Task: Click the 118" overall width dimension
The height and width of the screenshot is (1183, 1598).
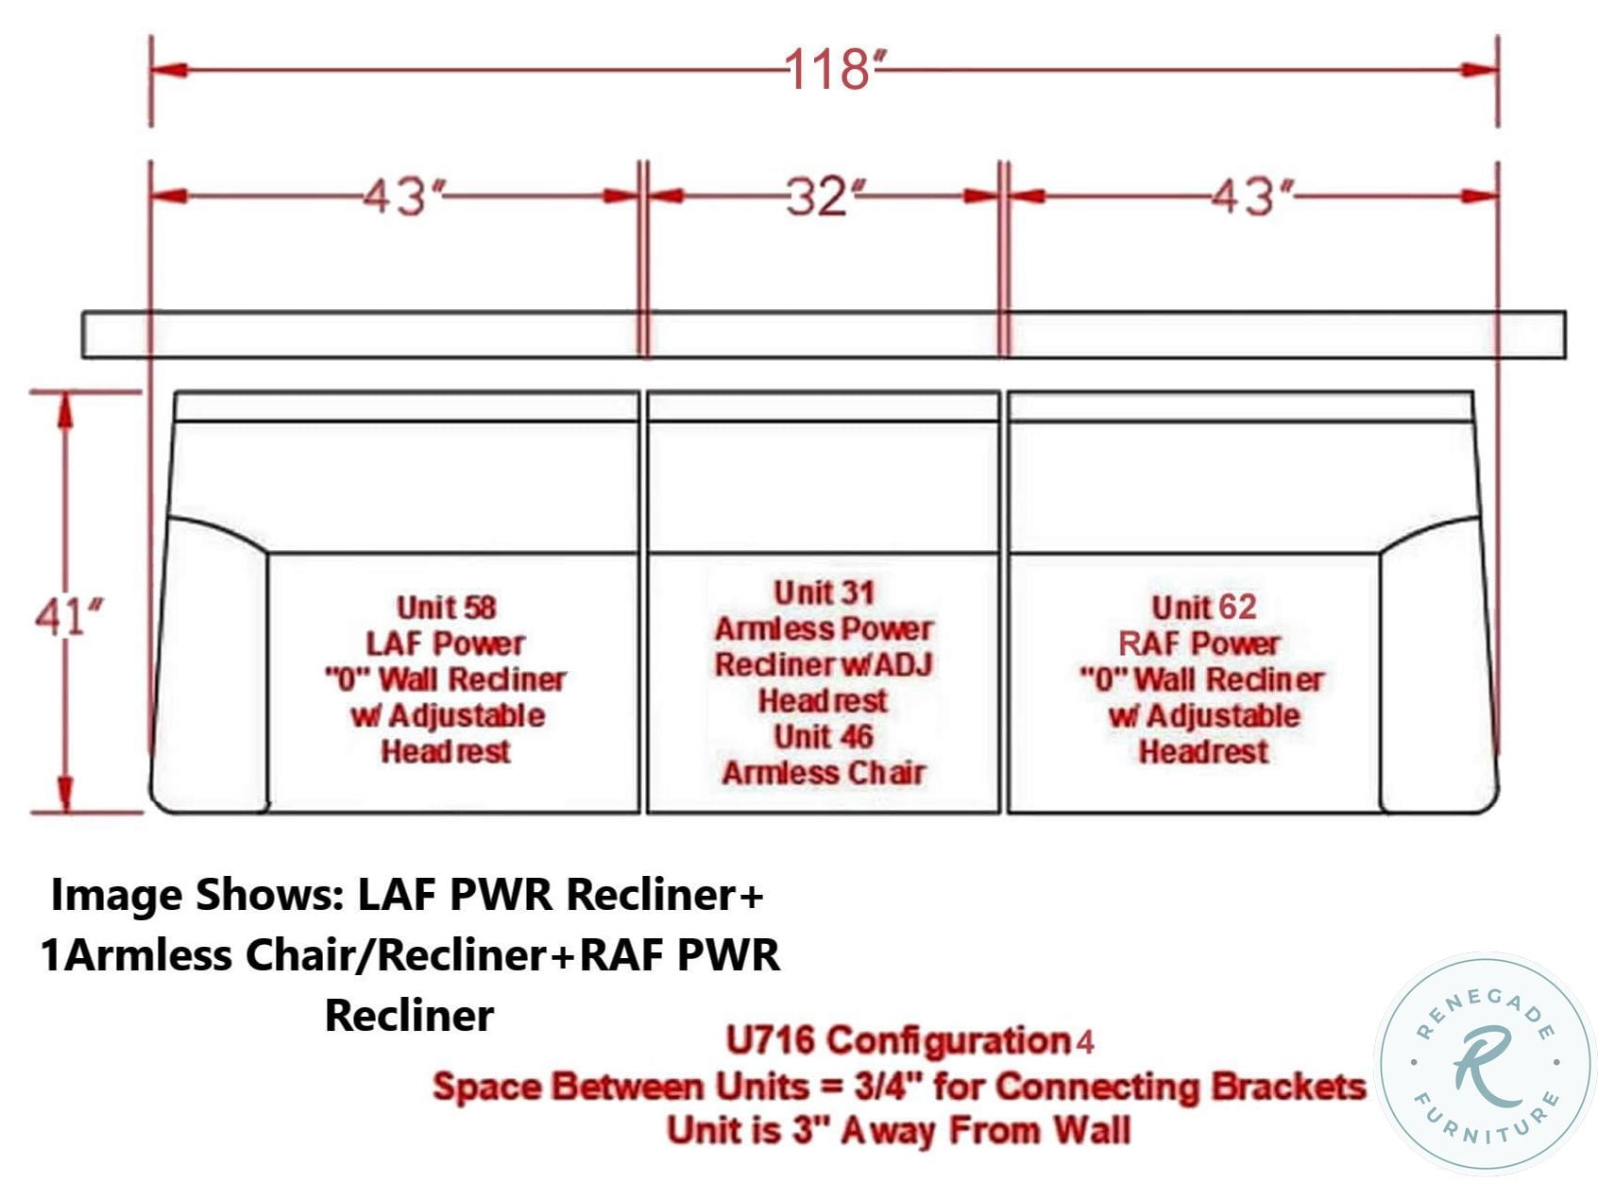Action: point(834,70)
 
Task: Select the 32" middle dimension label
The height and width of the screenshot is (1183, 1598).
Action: point(824,197)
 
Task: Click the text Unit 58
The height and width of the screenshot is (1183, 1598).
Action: point(446,607)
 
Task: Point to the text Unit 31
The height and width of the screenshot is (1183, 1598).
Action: point(824,592)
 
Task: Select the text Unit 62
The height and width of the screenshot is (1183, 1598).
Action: point(1204,607)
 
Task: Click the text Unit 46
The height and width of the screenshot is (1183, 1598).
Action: point(824,737)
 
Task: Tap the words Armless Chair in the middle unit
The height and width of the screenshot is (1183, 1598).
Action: point(824,773)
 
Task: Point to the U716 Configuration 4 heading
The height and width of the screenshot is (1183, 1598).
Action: point(909,1041)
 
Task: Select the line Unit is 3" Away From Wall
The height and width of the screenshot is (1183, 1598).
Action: point(898,1130)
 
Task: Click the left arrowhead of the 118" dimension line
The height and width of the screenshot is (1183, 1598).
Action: point(170,70)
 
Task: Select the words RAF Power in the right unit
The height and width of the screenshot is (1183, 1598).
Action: point(1198,643)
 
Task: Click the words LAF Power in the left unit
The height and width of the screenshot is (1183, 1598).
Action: point(446,643)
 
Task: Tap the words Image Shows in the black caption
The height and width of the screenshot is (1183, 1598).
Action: point(196,896)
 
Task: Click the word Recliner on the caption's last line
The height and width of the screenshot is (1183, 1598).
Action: point(409,1016)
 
